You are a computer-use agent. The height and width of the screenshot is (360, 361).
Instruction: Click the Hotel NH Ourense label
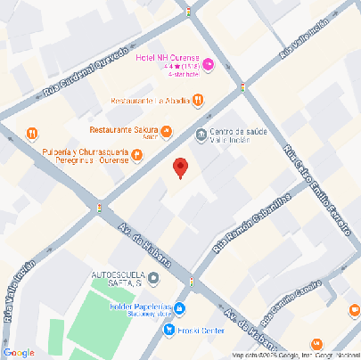[167, 58]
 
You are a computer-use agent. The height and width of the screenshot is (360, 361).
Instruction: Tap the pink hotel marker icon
[209, 64]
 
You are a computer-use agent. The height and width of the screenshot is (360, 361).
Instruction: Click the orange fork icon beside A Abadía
[198, 101]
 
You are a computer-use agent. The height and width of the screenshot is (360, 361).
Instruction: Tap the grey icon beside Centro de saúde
[201, 135]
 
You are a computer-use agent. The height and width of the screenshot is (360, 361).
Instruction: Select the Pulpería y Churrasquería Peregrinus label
[84, 157]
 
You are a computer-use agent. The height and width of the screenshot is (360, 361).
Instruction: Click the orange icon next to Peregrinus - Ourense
[136, 156]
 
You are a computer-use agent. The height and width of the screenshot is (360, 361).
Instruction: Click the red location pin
[180, 167]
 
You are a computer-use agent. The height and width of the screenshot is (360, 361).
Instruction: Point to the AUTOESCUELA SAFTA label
[118, 275]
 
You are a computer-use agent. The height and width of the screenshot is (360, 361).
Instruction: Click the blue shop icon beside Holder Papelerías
[180, 308]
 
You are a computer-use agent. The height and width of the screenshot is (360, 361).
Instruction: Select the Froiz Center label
[201, 330]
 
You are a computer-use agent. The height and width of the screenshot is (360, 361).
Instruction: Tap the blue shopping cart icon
[168, 330]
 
